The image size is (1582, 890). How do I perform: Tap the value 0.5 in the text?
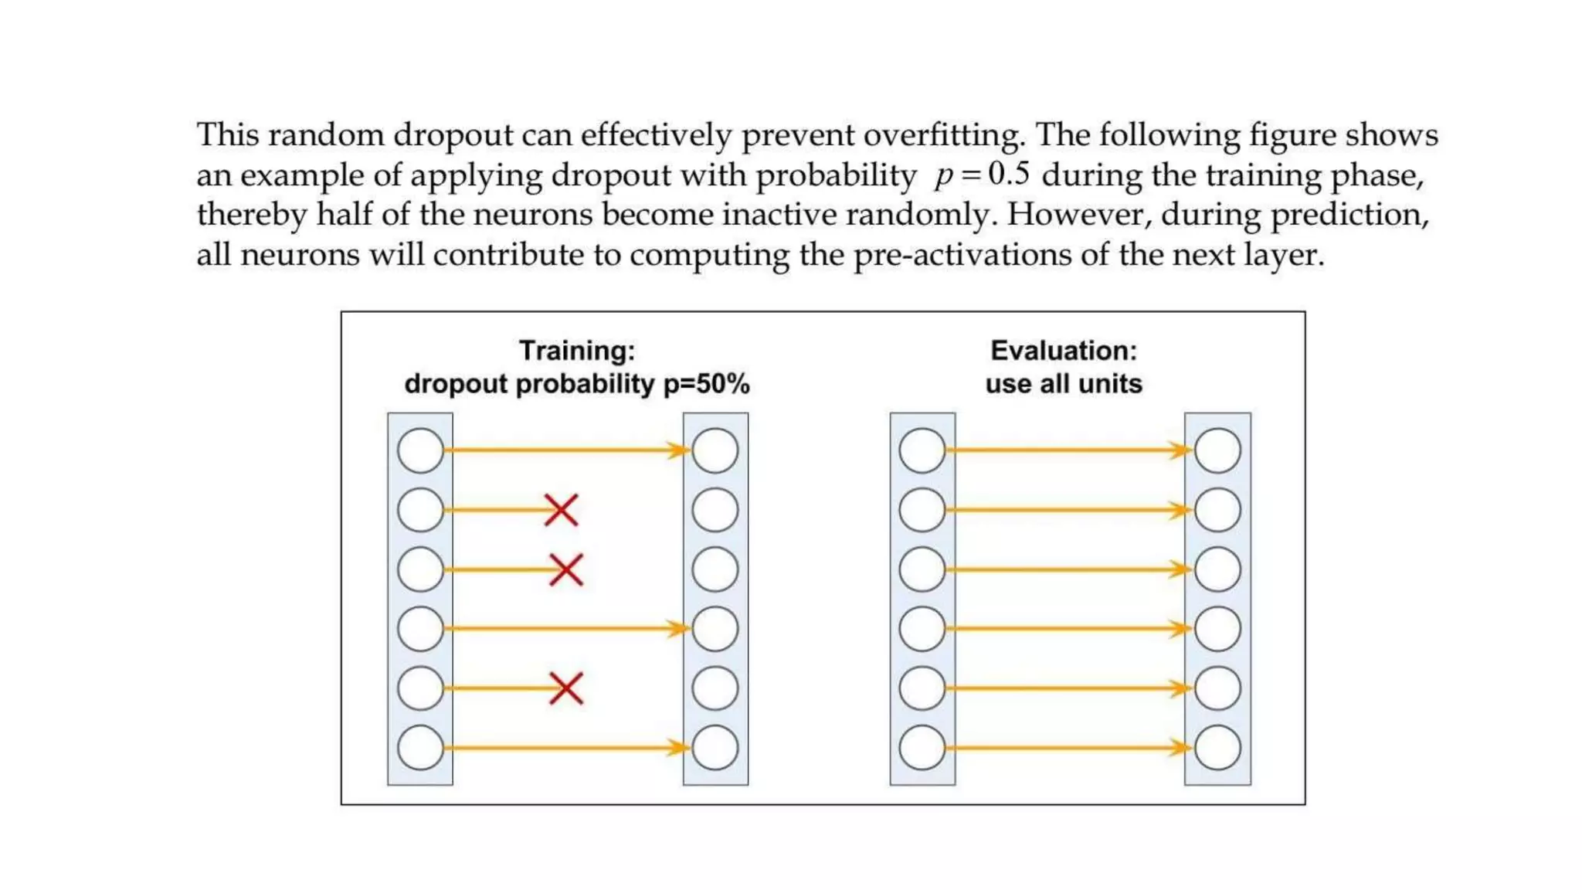1009,174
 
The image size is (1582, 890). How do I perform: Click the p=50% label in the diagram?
707,384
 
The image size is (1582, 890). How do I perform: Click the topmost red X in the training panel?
561,510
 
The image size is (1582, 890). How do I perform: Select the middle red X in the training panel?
566,570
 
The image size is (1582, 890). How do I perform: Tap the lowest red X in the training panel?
566,688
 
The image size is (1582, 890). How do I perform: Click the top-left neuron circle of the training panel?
420,450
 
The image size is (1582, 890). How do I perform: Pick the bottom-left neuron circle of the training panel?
420,748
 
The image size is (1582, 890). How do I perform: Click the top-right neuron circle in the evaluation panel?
1217,450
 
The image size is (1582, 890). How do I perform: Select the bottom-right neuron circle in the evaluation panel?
1217,748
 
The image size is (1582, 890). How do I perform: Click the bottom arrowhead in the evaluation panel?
1181,748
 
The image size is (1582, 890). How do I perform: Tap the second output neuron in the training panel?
715,510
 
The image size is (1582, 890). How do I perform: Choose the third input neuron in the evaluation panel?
922,570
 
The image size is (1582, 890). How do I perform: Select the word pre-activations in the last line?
962,255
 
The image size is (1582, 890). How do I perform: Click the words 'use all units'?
1063,384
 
